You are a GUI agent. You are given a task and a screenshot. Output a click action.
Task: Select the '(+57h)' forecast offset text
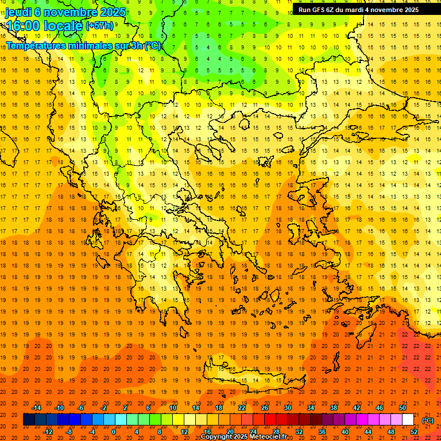click(99, 26)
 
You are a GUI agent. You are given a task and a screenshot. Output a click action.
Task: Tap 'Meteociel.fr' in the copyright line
click(269, 437)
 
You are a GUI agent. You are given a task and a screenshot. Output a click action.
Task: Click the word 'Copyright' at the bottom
click(218, 437)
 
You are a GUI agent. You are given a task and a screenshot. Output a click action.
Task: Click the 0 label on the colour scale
click(113, 432)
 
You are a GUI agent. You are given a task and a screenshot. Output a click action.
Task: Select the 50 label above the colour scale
click(403, 408)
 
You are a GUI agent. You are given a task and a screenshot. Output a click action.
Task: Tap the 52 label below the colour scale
click(414, 432)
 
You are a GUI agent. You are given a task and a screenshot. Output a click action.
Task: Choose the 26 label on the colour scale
click(265, 408)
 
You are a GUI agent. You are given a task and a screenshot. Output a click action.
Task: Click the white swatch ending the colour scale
click(408, 420)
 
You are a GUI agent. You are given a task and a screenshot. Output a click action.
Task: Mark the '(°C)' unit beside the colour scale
click(427, 420)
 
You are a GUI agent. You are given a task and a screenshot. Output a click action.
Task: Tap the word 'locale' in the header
click(61, 26)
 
